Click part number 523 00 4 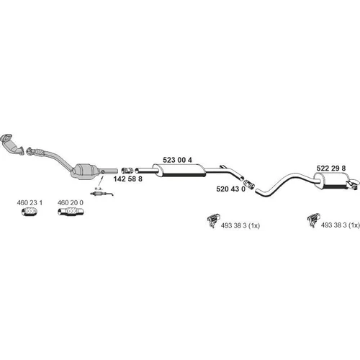(x=177, y=160)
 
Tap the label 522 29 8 (x=331, y=168)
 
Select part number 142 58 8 (x=127, y=179)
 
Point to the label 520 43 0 (x=230, y=189)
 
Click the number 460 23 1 (x=30, y=203)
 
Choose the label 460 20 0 (x=70, y=203)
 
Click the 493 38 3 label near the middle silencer (x=240, y=225)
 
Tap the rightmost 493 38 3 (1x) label (x=341, y=225)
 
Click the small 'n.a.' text (x=99, y=189)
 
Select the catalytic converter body (x=84, y=171)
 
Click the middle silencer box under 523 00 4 (x=179, y=171)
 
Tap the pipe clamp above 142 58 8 (x=127, y=171)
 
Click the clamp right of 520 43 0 (x=249, y=184)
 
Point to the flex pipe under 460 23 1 (x=29, y=212)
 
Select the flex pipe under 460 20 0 (x=71, y=212)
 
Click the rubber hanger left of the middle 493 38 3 (x=213, y=220)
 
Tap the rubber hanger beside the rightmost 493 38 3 (x=313, y=220)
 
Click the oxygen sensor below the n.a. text (x=102, y=194)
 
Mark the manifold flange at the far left (x=6, y=138)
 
